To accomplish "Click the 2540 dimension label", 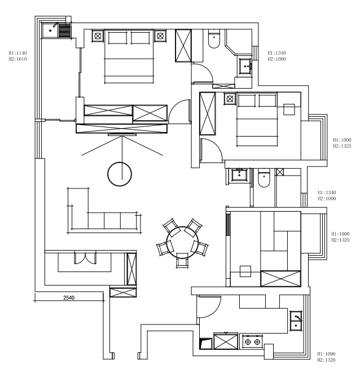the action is pos(69,297).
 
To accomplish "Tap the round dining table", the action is pos(182,242).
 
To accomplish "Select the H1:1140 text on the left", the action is pos(17,53).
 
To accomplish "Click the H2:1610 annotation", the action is pos(17,59).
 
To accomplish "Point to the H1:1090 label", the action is pos(326,354).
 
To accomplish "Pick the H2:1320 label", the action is pos(326,360).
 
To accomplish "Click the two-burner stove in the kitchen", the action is pos(252,341).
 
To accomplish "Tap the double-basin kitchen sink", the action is pos(296,321).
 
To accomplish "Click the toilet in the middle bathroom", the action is pos(264,178).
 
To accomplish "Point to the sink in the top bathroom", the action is pos(245,66).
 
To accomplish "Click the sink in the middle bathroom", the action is pos(239,174).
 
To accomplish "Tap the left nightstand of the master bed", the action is pos(98,36).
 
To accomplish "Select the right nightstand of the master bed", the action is pos(160,36).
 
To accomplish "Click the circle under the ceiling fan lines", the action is pos(120,174).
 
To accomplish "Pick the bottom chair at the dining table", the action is pos(182,260).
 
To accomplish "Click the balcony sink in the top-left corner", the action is pos(50,30).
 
